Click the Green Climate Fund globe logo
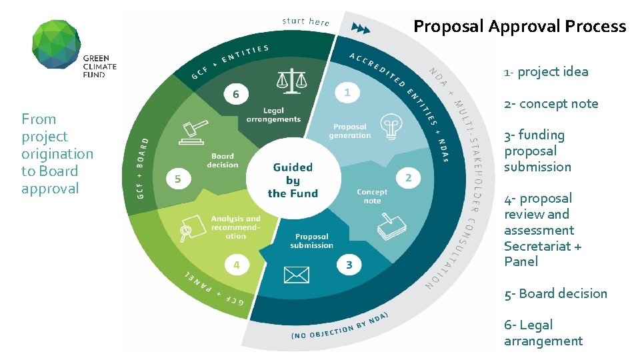pyautogui.click(x=57, y=44)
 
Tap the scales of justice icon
pyautogui.click(x=291, y=81)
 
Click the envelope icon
pyautogui.click(x=297, y=274)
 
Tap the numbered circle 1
pyautogui.click(x=347, y=93)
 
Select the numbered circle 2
pyautogui.click(x=409, y=178)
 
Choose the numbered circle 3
pyautogui.click(x=349, y=265)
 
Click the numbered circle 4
pyautogui.click(x=236, y=265)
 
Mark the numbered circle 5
pyautogui.click(x=177, y=179)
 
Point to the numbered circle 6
pyautogui.click(x=235, y=94)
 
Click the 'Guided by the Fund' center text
pyautogui.click(x=293, y=180)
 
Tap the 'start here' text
pyautogui.click(x=306, y=21)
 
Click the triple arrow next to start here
pyautogui.click(x=360, y=29)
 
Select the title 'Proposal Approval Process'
pyautogui.click(x=519, y=27)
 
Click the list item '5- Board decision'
pyautogui.click(x=555, y=293)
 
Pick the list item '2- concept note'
pyautogui.click(x=551, y=103)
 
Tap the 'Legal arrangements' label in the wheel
pyautogui.click(x=273, y=115)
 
